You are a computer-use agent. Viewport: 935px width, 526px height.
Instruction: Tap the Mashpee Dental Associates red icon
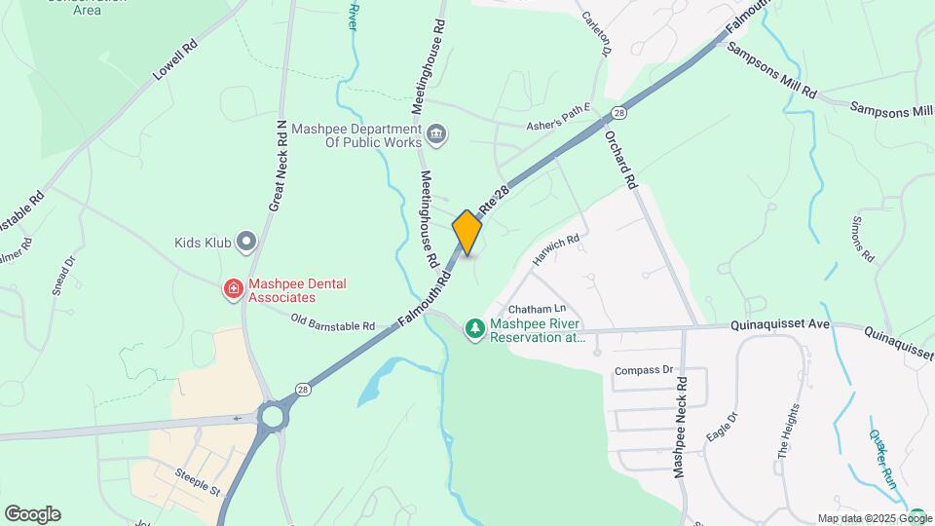pos(233,289)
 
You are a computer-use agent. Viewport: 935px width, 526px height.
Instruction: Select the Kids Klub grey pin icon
pos(246,241)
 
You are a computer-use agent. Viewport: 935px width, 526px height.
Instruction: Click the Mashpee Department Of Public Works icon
pos(436,133)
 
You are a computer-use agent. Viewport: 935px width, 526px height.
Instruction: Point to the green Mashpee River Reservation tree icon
pos(475,329)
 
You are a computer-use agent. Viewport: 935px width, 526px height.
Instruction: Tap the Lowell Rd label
pos(174,60)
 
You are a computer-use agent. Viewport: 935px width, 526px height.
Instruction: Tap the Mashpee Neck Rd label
pos(682,426)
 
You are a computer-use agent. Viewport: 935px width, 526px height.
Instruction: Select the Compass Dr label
pos(644,370)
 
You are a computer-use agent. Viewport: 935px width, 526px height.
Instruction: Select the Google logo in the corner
pos(32,513)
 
